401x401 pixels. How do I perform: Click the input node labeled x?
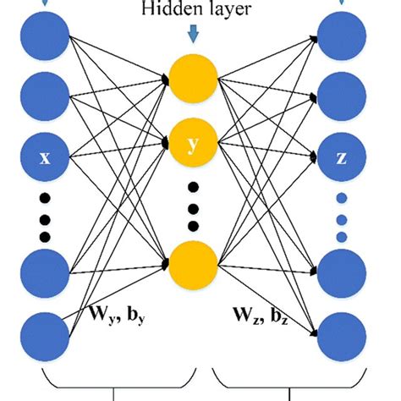coord(46,156)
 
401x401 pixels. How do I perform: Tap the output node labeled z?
coord(341,156)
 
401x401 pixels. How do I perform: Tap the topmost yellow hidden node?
coord(194,79)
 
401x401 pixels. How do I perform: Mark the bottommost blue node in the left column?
coord(46,336)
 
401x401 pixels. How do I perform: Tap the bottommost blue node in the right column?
coord(341,336)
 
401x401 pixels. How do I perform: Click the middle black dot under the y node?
coord(194,206)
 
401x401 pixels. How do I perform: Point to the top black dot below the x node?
coord(46,198)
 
